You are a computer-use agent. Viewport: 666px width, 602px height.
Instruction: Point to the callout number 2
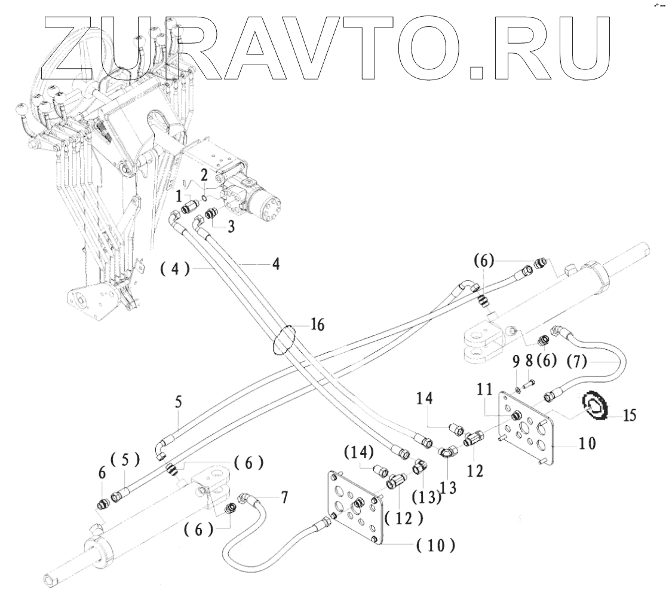coord(204,176)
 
